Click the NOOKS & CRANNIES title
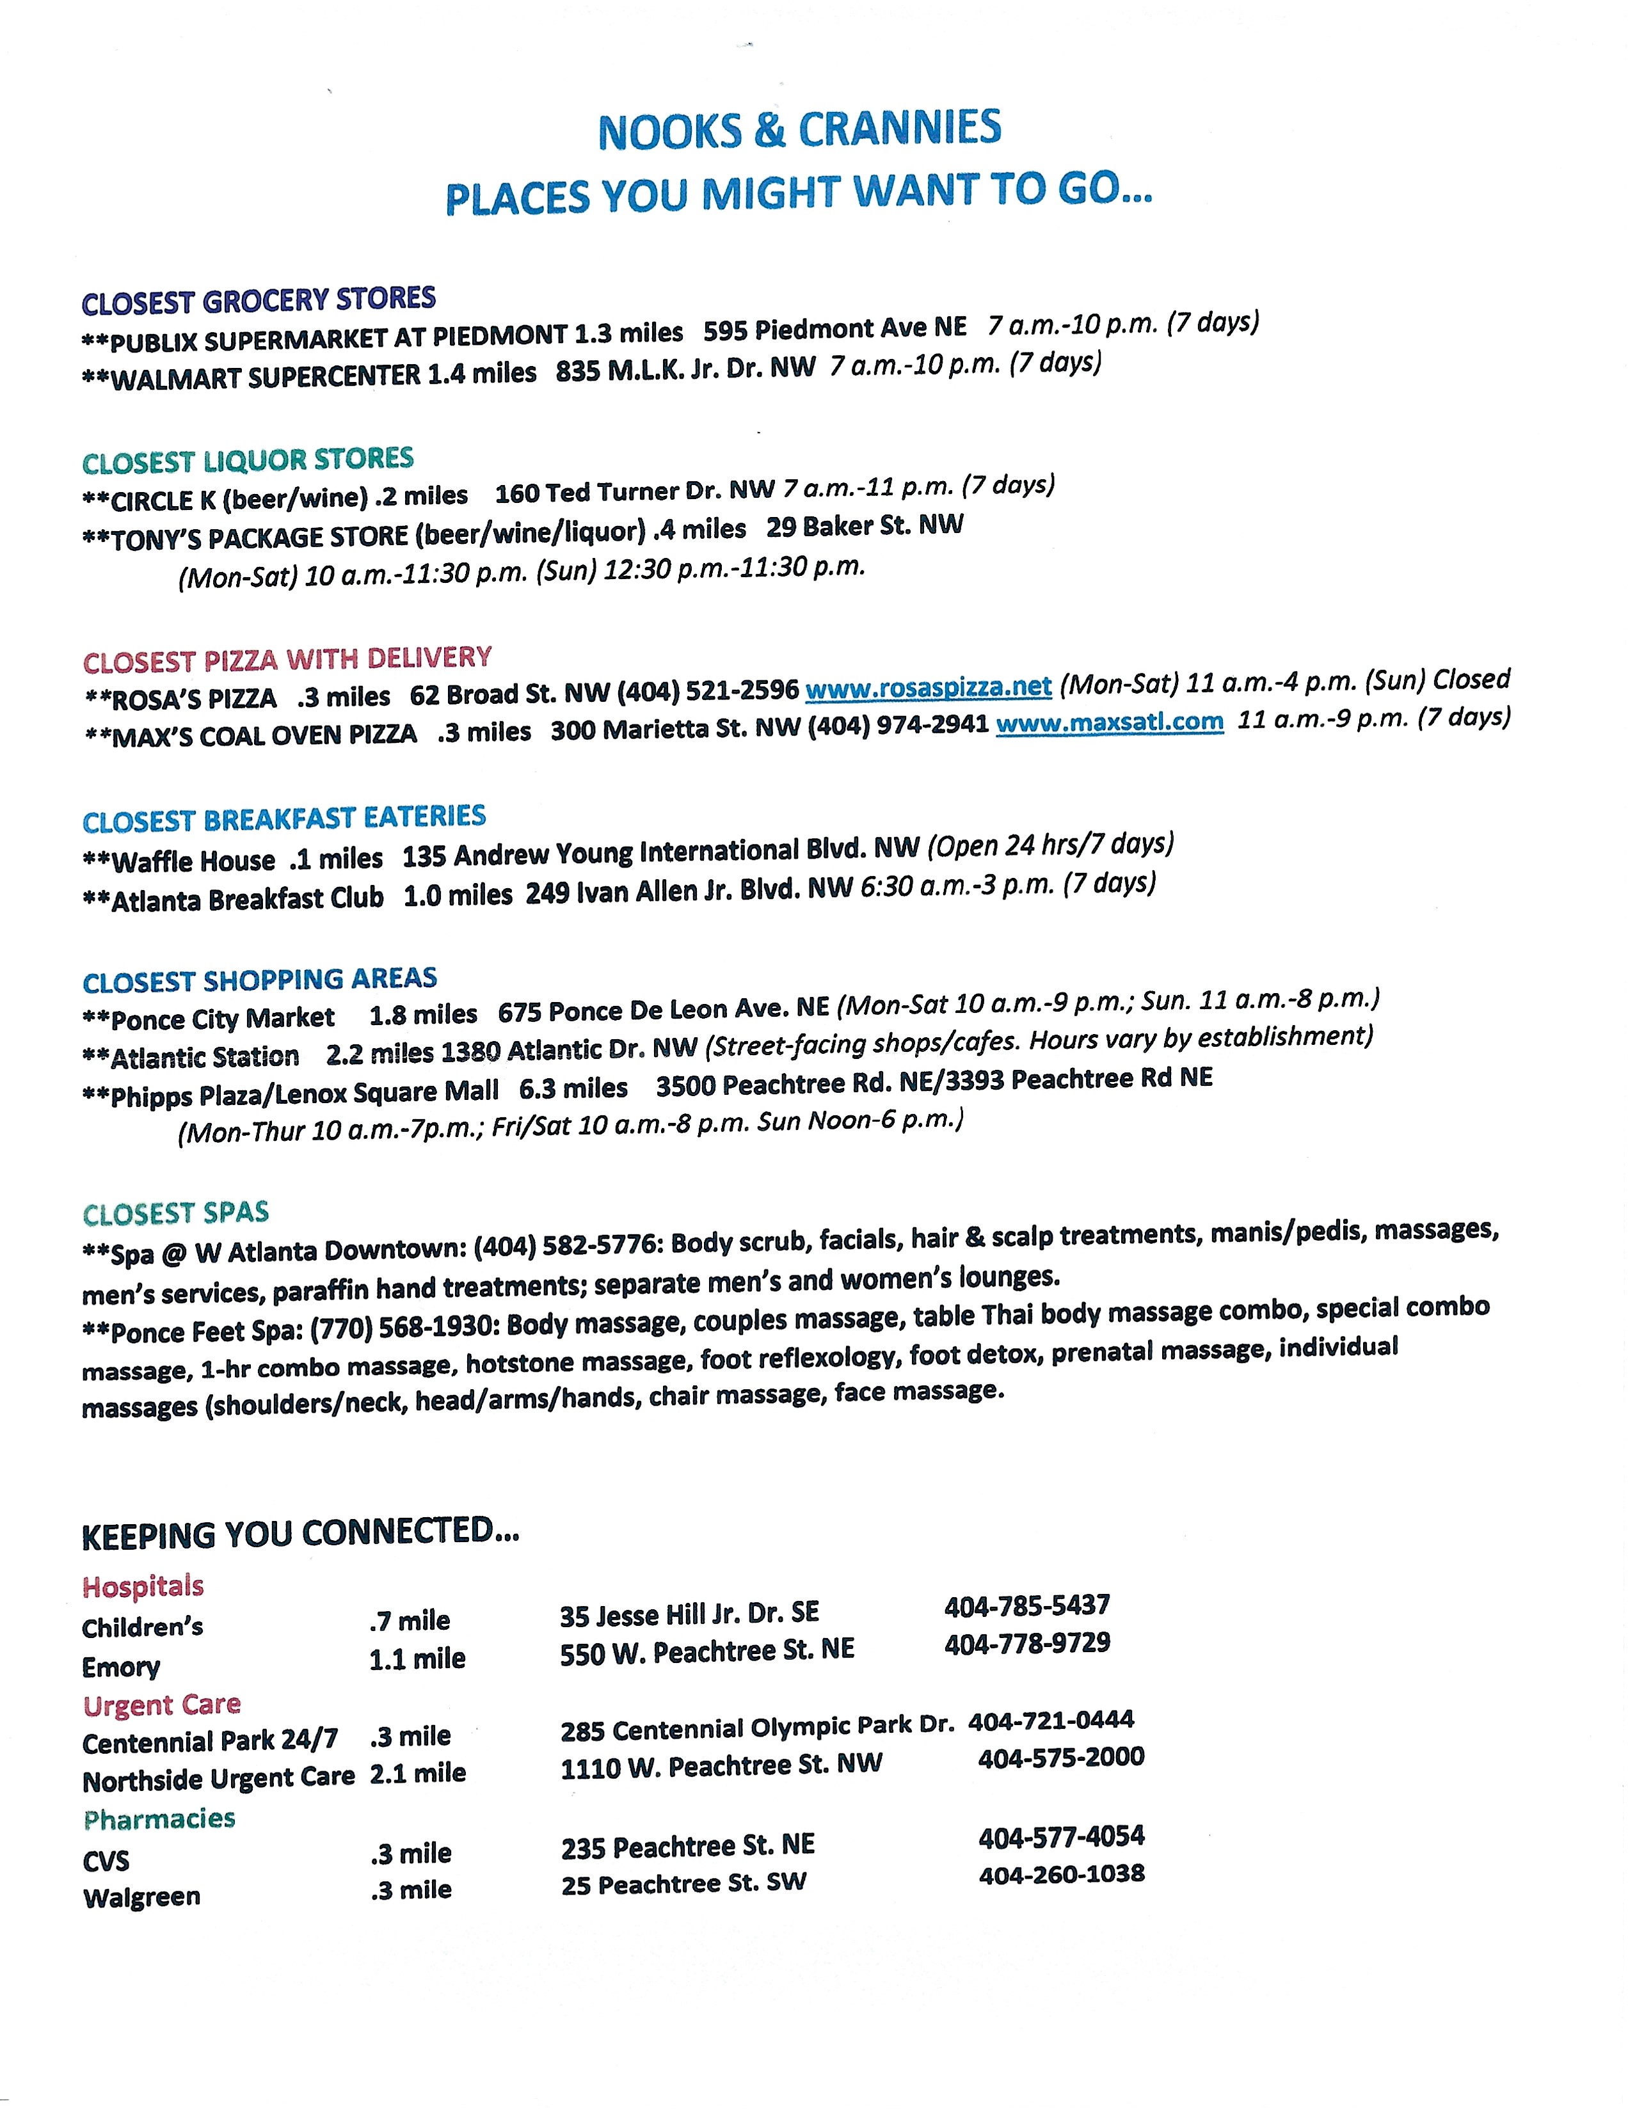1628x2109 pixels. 799,131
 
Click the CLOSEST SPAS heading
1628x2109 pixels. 176,1213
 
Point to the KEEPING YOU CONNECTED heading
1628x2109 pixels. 300,1534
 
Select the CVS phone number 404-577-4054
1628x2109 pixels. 1061,1836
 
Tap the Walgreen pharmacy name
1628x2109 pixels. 142,1897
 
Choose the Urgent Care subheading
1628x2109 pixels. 161,1705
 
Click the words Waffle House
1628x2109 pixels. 193,861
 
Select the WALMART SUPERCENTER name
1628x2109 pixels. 266,376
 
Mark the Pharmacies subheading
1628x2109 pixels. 159,1819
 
